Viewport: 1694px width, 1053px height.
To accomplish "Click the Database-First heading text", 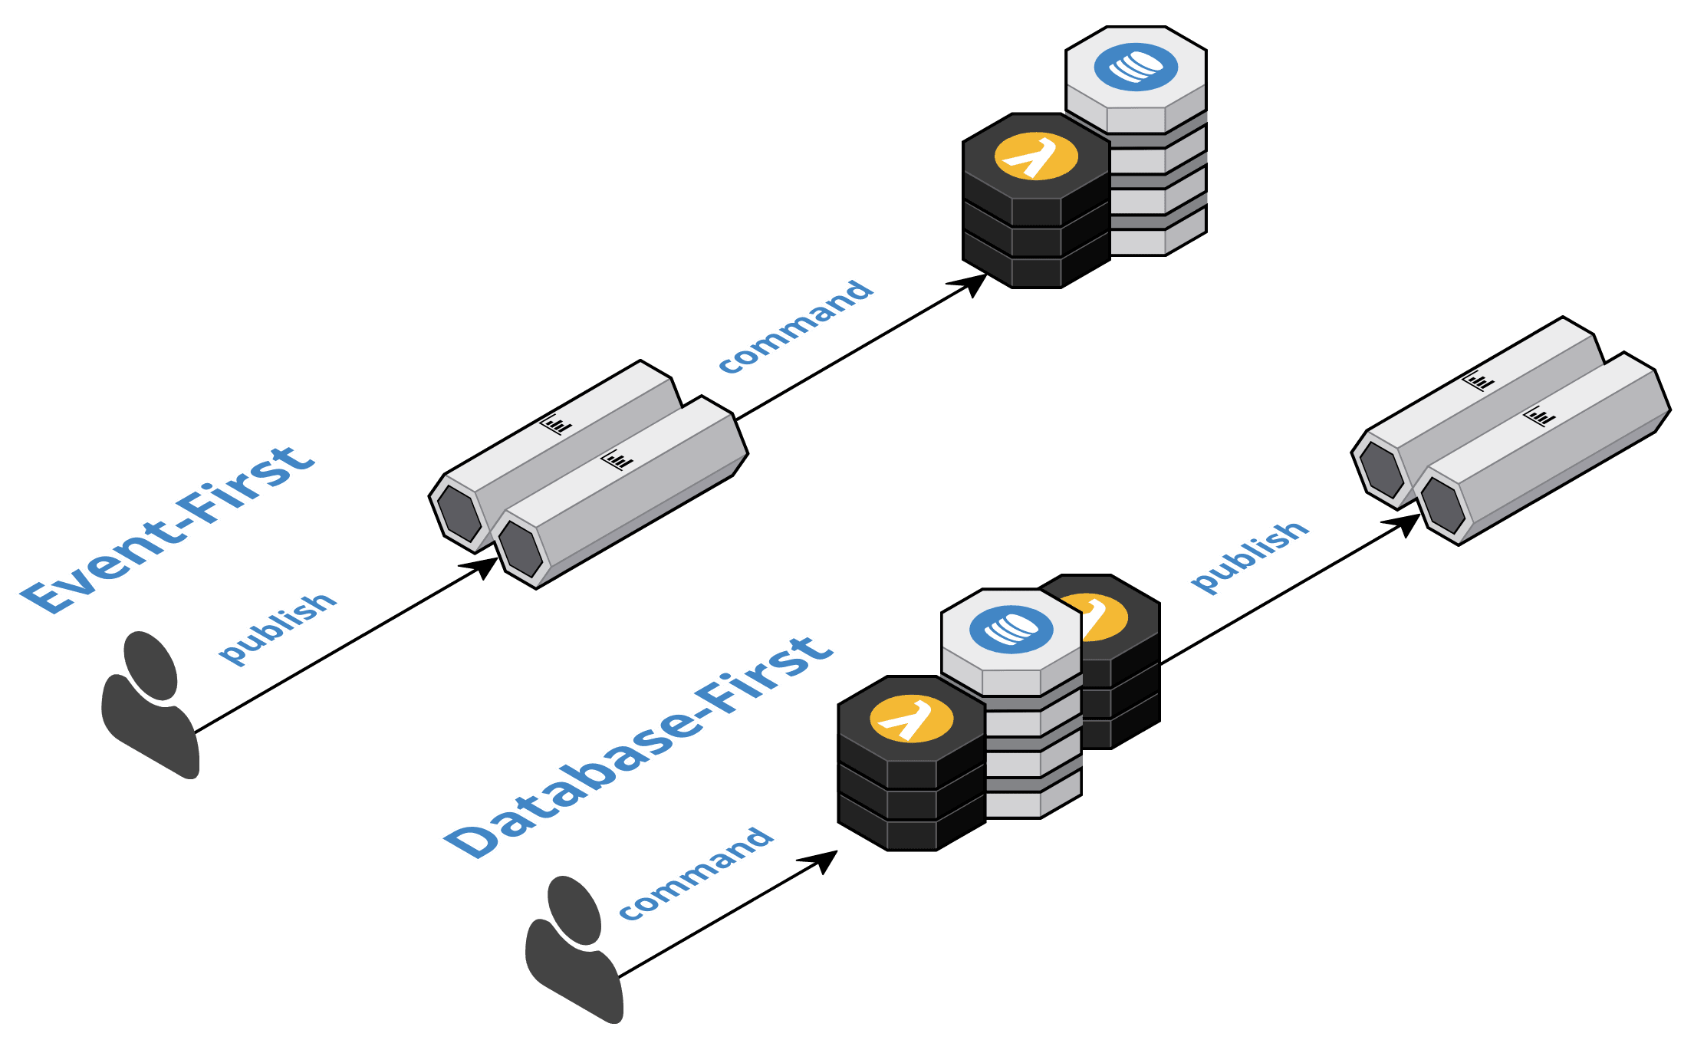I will coord(638,748).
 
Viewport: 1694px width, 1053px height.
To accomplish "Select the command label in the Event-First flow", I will coord(795,327).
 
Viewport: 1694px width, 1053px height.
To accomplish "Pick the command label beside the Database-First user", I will coord(696,874).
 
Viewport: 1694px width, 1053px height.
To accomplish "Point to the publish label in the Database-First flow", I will coord(1249,557).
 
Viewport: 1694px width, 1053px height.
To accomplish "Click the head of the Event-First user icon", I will coord(151,665).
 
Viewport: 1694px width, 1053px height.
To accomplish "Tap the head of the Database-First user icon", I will coord(574,910).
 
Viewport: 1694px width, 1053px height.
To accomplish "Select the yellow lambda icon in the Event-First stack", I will coord(1036,156).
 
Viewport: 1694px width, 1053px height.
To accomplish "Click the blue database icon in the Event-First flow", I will coord(1136,67).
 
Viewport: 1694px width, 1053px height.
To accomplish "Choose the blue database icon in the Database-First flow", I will coord(1011,630).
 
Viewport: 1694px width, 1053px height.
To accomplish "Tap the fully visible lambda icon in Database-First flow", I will coord(911,719).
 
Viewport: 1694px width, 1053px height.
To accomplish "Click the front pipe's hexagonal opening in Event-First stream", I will coord(521,549).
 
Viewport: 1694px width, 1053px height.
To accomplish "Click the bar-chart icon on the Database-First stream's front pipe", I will coord(1539,416).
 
